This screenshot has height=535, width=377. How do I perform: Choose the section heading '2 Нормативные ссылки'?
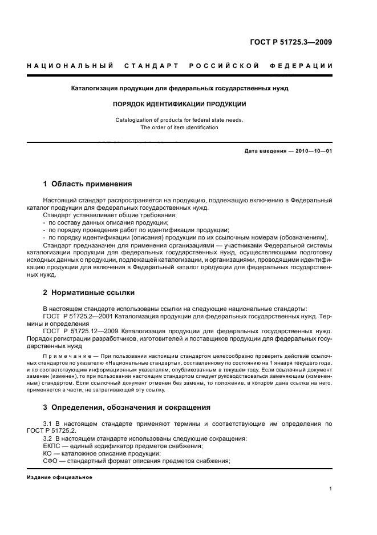(x=89, y=292)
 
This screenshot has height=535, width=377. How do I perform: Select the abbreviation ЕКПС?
(x=53, y=446)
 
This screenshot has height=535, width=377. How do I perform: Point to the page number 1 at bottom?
(x=331, y=489)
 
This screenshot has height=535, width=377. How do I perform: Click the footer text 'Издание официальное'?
(x=59, y=477)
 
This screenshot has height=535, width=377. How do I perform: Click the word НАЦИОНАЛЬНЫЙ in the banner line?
(x=69, y=66)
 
